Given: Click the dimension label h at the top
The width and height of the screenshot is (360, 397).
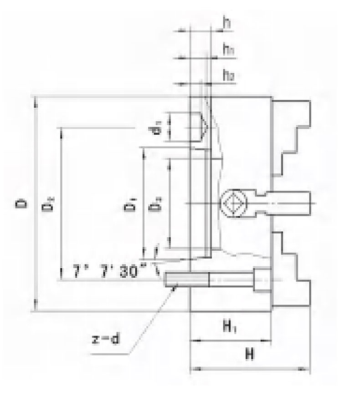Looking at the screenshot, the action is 226,23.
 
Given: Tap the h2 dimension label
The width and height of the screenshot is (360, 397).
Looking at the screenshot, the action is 228,76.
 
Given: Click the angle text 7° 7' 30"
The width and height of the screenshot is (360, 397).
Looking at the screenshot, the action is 109,272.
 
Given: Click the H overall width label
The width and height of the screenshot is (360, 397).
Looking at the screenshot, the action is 249,354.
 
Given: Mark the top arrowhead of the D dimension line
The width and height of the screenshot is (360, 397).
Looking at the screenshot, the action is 35,101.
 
